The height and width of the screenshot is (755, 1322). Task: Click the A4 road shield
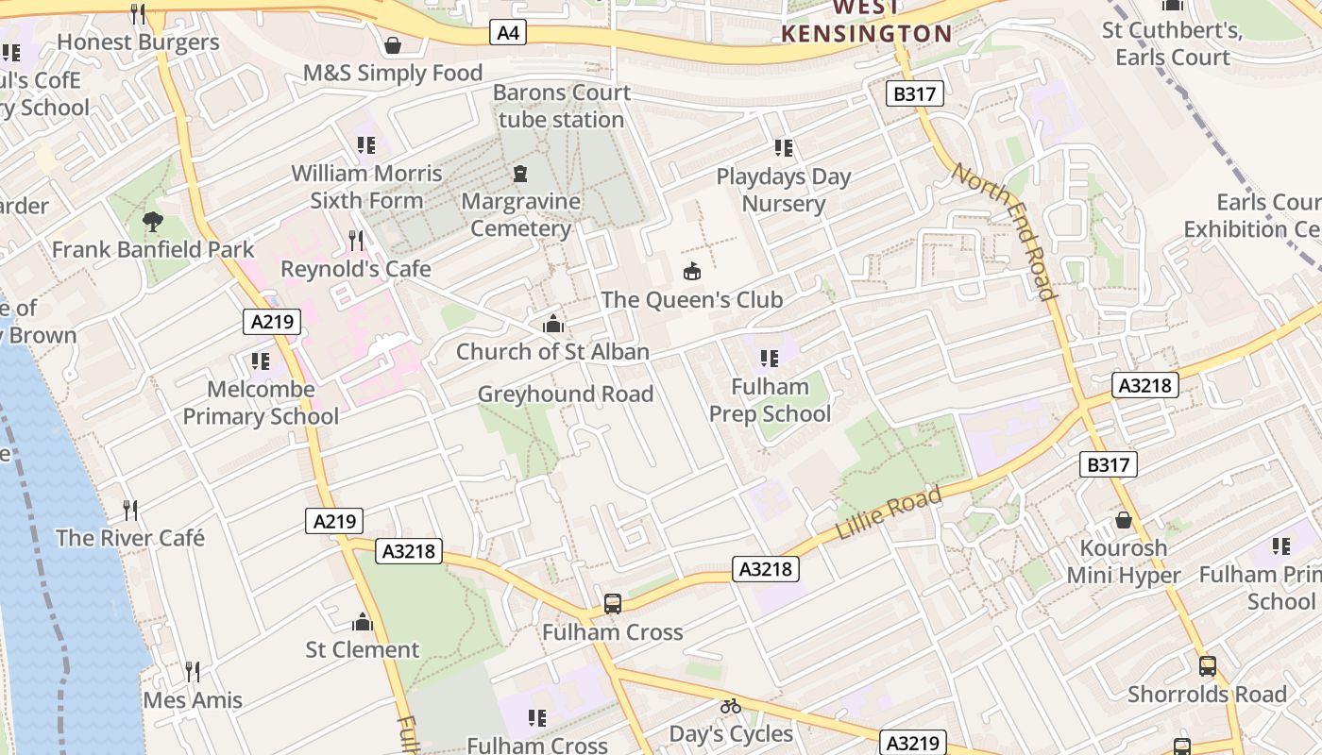pos(508,33)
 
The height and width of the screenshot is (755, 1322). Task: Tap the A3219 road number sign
pos(913,743)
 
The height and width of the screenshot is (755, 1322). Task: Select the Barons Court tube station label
pos(562,106)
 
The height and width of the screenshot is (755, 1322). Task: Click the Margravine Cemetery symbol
pos(519,174)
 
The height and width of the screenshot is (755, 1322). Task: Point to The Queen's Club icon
pos(692,272)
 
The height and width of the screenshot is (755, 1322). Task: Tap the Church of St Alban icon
pos(553,325)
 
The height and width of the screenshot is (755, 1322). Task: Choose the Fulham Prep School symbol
pos(770,359)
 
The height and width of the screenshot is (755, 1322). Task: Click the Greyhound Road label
pos(566,394)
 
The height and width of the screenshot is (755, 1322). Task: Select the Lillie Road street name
pos(889,513)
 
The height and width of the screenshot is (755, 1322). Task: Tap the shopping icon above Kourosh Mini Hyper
pos(1124,520)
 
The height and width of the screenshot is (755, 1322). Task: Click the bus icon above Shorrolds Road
pos(1207,666)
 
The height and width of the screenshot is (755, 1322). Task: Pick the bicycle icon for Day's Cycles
pos(730,706)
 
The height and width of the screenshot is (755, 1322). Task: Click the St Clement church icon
pos(363,622)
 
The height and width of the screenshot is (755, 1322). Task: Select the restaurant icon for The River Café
pos(130,511)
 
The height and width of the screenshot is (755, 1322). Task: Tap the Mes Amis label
pos(193,700)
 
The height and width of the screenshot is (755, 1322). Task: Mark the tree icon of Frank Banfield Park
pos(152,222)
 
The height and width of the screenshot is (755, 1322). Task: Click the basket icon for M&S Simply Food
pos(393,45)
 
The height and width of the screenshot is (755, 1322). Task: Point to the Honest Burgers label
pos(138,42)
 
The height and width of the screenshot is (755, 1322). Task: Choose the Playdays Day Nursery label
pos(784,190)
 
